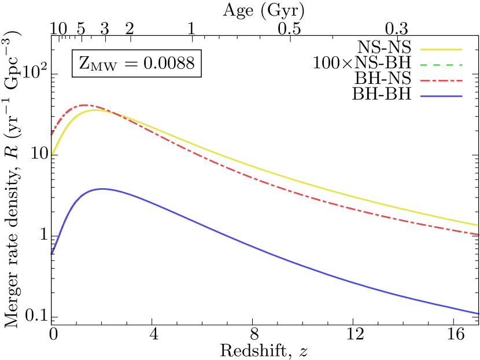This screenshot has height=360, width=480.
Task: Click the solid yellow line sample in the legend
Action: [441, 49]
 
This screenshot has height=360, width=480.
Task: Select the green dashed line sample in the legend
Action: [441, 65]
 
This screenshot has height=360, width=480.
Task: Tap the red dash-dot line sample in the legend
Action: [441, 80]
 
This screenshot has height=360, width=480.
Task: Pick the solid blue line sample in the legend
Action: [441, 96]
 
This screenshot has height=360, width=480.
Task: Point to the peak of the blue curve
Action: [102, 189]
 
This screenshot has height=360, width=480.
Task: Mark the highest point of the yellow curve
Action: [96, 109]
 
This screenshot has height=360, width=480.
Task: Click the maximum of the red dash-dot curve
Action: [84, 105]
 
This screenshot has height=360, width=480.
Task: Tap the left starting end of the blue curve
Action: [51, 254]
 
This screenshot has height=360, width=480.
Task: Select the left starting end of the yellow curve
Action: [51, 155]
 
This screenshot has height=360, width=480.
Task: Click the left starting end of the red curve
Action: [51, 134]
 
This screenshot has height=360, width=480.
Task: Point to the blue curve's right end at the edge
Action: [479, 313]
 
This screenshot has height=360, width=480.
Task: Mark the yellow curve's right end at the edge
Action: [479, 225]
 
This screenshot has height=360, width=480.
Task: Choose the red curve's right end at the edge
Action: [479, 234]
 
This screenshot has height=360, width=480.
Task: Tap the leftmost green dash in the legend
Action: [424, 65]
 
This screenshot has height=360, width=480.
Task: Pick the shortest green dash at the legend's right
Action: [460, 65]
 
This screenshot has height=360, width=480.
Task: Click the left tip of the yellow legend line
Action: [420, 49]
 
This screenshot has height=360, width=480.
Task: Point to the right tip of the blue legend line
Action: [462, 96]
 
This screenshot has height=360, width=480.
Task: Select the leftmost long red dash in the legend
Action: [424, 80]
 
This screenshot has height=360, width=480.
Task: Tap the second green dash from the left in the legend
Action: [436, 65]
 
